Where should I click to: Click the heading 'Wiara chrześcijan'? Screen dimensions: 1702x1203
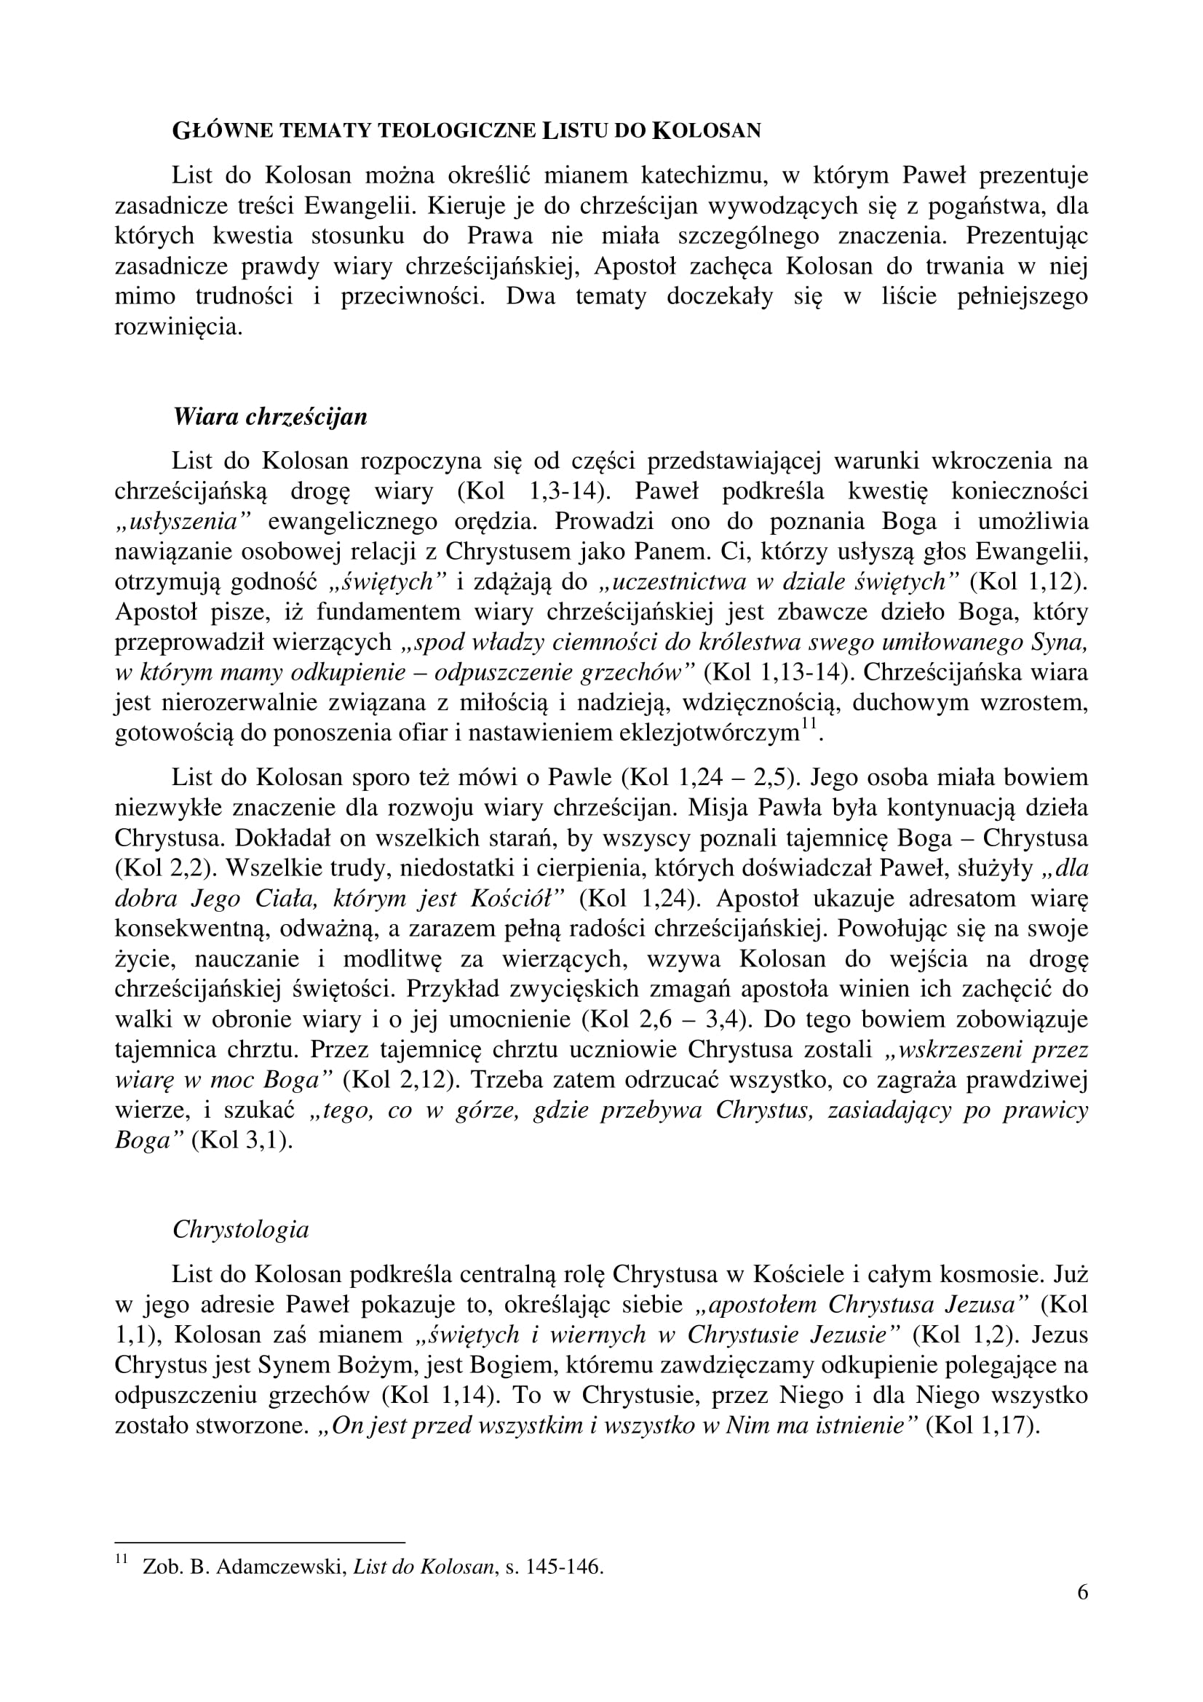pos(270,417)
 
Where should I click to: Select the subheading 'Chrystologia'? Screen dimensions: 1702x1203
pos(241,1230)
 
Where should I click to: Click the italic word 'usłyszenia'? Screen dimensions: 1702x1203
pos(184,521)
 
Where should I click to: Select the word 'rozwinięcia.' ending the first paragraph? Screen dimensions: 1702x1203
pos(178,327)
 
